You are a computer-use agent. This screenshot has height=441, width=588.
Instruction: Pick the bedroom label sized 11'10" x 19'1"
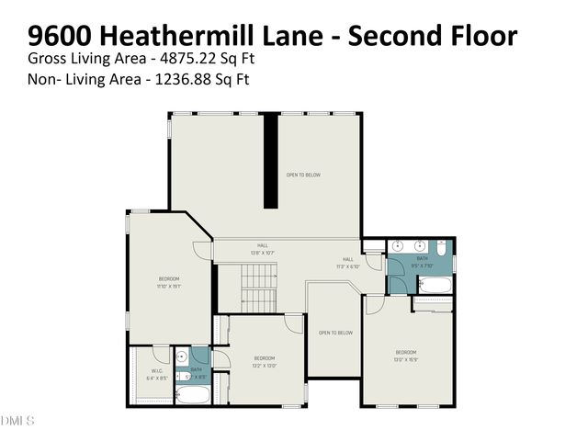pyautogui.click(x=169, y=282)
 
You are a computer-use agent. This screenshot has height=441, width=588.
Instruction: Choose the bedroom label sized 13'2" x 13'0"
pyautogui.click(x=265, y=361)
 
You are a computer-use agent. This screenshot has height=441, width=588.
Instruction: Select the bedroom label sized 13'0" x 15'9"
pyautogui.click(x=406, y=356)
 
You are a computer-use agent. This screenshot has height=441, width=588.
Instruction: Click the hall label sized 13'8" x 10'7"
pyautogui.click(x=263, y=249)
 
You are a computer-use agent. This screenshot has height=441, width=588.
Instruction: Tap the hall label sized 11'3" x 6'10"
pyautogui.click(x=348, y=262)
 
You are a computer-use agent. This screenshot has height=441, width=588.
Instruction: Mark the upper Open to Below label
pyautogui.click(x=303, y=175)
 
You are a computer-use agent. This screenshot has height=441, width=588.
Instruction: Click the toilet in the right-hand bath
pyautogui.click(x=442, y=249)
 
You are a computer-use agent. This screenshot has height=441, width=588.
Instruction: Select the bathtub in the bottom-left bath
pyautogui.click(x=192, y=395)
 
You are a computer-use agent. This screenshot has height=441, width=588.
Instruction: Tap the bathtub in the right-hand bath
pyautogui.click(x=432, y=300)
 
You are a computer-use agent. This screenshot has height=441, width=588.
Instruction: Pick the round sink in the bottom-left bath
pyautogui.click(x=182, y=356)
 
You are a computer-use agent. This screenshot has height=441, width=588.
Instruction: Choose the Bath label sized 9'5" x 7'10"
pyautogui.click(x=422, y=262)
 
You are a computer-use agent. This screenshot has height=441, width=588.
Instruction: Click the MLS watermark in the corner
pyautogui.click(x=17, y=421)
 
